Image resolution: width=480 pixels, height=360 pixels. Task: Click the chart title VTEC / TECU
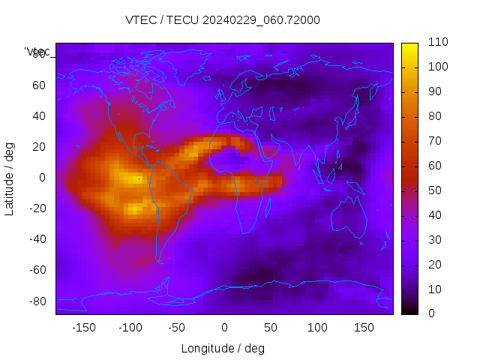tap(223, 20)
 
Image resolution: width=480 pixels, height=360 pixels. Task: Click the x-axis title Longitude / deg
tap(223, 348)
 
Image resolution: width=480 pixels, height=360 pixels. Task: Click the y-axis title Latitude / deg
tap(10, 178)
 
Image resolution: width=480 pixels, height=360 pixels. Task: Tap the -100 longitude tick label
tap(130, 327)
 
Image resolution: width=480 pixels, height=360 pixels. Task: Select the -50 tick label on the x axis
tap(177, 327)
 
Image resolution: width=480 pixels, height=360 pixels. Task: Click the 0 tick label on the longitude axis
tap(224, 327)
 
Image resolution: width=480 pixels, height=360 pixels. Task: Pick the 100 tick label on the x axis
tap(317, 327)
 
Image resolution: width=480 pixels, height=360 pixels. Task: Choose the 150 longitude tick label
tap(364, 327)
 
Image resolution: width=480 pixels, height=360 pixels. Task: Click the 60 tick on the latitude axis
tap(39, 85)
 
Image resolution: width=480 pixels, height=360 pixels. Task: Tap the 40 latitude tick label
tap(39, 115)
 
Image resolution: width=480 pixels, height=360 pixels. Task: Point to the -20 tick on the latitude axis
tap(37, 208)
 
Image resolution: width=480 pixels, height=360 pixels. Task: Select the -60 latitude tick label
tap(37, 270)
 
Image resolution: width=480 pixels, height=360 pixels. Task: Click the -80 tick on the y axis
tap(37, 301)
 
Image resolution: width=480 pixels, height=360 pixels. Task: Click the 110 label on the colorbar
tap(438, 42)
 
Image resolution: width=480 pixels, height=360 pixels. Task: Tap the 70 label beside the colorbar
tap(435, 141)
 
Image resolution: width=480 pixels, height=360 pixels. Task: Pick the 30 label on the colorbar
tap(435, 240)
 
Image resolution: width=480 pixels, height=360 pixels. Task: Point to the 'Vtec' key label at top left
tap(37, 52)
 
